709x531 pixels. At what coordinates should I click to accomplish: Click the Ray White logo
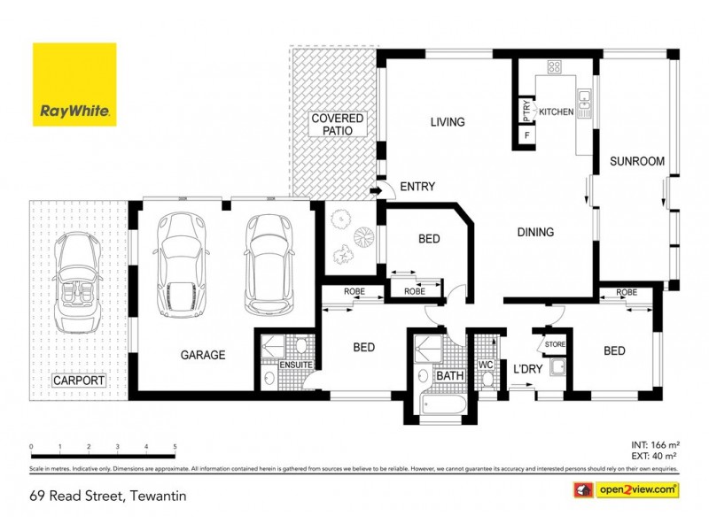click(74, 85)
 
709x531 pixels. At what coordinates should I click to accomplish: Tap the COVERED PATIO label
click(337, 124)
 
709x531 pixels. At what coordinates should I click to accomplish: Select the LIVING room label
click(447, 122)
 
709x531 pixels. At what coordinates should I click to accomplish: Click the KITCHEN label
click(557, 112)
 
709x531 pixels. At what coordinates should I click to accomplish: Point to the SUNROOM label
click(636, 162)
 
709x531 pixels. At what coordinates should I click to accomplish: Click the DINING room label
click(534, 233)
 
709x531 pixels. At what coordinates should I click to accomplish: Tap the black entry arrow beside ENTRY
click(376, 188)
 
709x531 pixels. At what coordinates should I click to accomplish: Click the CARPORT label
click(78, 381)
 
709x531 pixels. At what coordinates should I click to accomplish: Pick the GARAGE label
click(203, 355)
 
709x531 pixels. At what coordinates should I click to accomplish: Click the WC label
click(487, 365)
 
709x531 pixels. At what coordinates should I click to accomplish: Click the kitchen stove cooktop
click(555, 66)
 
